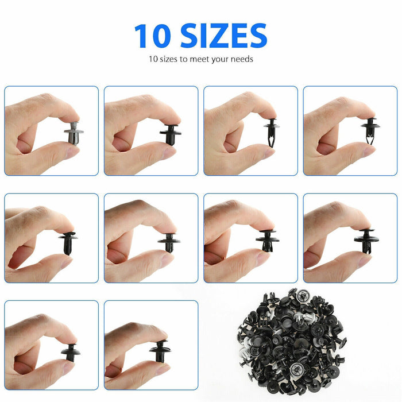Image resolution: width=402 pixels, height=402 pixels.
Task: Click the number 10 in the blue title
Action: tap(153, 36)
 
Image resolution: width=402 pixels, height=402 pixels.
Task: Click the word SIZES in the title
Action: tap(223, 36)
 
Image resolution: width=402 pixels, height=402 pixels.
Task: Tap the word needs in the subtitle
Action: tap(241, 59)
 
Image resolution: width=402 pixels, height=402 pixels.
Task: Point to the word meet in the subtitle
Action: tap(199, 59)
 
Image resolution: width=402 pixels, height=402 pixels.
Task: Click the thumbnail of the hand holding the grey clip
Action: tap(51, 131)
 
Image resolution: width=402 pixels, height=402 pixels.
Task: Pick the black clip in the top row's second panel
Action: tap(171, 134)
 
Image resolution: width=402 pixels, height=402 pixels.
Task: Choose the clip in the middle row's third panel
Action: tap(267, 240)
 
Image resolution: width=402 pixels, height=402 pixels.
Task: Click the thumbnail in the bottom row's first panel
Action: tap(51, 345)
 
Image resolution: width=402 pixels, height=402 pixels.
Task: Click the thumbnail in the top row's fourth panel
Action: tap(350, 131)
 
